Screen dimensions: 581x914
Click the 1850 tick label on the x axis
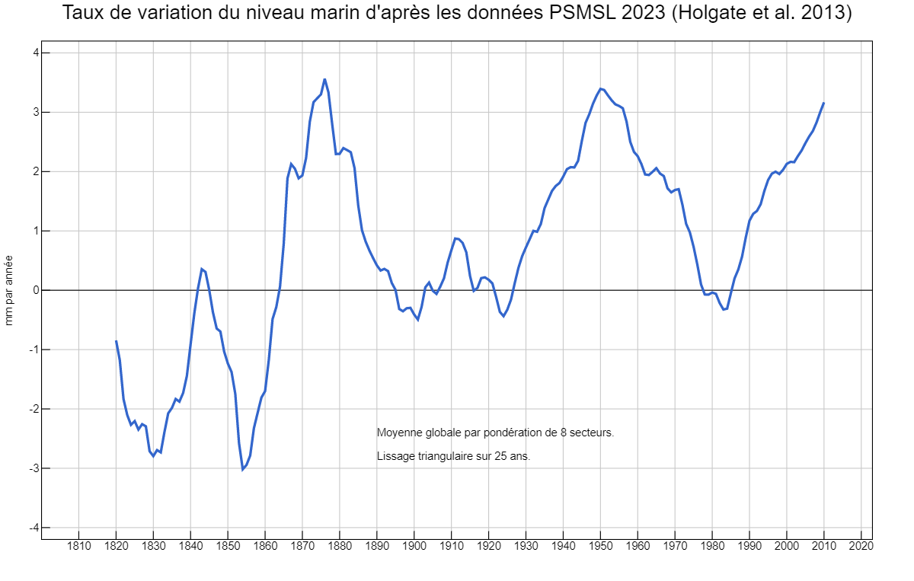click(x=228, y=545)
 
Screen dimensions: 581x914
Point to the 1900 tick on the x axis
click(x=414, y=545)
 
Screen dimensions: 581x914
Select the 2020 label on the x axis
click(x=861, y=545)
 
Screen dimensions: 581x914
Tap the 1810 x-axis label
click(x=78, y=545)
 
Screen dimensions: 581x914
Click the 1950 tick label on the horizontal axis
click(x=600, y=545)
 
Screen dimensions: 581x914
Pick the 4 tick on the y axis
click(x=34, y=53)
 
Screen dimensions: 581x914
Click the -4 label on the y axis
click(x=33, y=528)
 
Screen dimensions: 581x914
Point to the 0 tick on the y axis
click(x=34, y=290)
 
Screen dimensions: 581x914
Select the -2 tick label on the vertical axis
click(x=33, y=409)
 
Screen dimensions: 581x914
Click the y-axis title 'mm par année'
click(x=9, y=290)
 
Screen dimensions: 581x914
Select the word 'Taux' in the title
click(x=82, y=14)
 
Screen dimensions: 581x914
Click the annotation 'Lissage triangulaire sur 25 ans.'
click(x=453, y=456)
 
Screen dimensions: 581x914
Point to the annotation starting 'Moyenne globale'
click(x=495, y=433)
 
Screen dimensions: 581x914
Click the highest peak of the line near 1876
click(x=324, y=78)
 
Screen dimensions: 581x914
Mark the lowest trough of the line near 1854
click(x=243, y=469)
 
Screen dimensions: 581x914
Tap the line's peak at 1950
click(x=600, y=88)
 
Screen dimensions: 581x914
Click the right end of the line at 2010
click(x=823, y=103)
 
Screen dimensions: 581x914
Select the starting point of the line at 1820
click(x=116, y=340)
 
